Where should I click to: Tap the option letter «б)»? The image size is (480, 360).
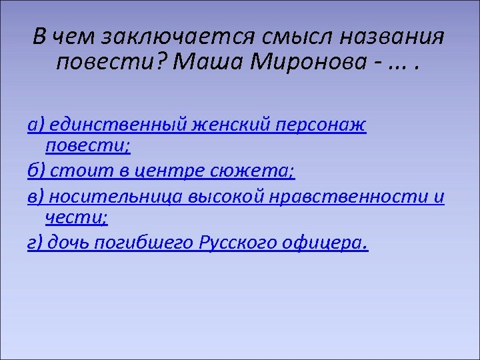[x=36, y=171]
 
